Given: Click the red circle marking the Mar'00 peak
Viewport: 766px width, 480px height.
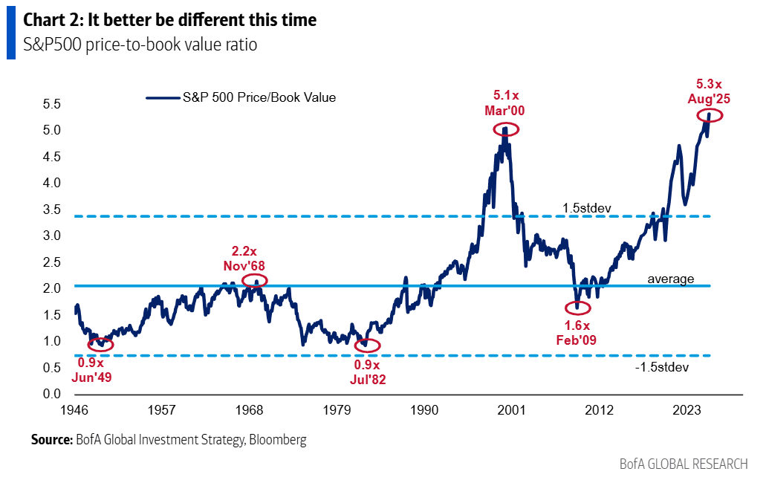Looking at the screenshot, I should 506,129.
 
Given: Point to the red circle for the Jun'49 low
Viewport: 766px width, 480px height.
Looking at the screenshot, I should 101,344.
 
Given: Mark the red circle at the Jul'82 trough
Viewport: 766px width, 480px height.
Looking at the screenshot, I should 366,346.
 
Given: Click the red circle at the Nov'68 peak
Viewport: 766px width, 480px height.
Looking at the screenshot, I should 254,280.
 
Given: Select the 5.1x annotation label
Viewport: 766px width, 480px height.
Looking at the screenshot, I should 507,95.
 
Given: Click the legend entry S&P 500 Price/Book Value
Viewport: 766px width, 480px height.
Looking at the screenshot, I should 259,97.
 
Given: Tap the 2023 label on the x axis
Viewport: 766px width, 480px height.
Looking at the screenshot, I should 687,409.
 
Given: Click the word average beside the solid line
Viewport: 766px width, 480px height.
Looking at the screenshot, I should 670,279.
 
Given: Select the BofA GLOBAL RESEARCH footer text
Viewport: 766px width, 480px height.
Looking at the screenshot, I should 684,464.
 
